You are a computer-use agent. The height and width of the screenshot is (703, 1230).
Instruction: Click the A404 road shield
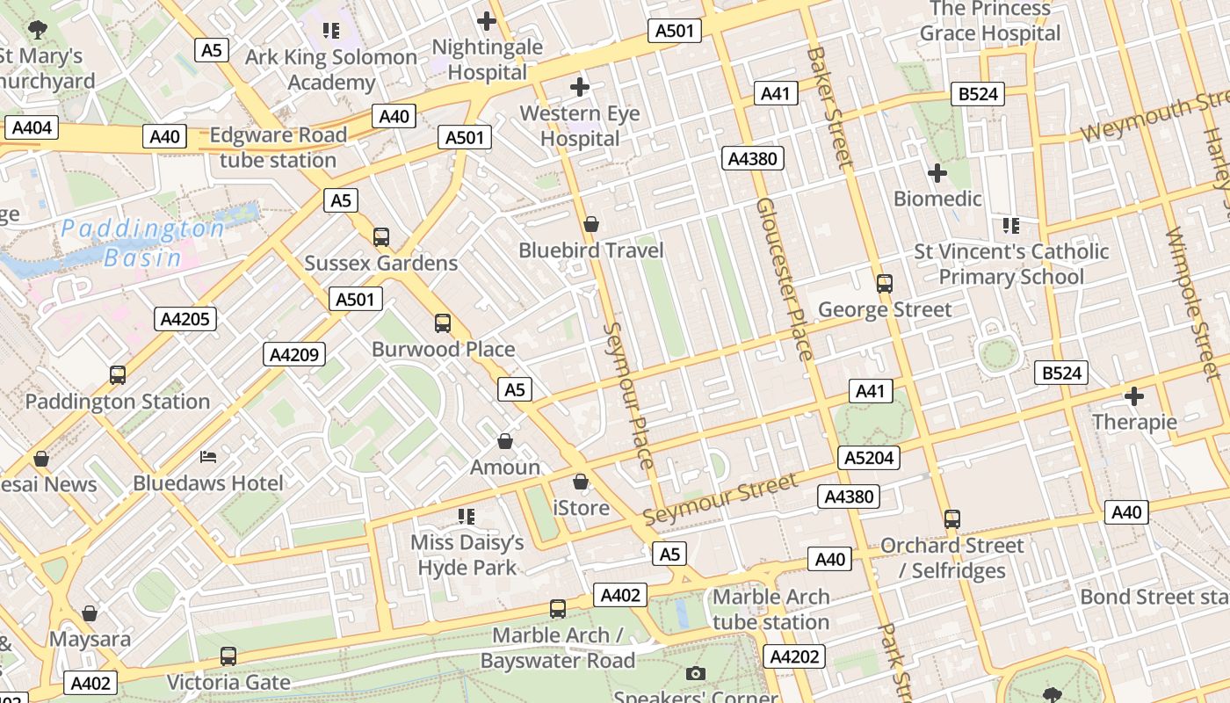point(33,128)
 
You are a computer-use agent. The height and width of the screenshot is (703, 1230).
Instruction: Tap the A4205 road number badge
point(186,319)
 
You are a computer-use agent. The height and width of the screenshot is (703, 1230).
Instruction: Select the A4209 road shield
point(295,355)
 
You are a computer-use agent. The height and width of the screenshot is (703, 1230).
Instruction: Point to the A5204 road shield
point(869,458)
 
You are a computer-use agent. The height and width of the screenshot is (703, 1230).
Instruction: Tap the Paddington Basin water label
point(142,243)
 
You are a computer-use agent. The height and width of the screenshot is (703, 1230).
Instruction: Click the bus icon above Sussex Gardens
point(381,237)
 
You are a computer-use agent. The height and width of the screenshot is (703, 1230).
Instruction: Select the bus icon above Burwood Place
point(443,323)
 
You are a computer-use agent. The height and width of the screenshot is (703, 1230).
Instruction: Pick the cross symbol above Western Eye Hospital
point(580,87)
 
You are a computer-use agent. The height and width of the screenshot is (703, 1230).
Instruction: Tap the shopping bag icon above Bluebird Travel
point(591,225)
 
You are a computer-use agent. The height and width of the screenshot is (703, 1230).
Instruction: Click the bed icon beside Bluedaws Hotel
point(208,457)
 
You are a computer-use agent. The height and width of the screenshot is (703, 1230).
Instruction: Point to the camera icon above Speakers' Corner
point(696,674)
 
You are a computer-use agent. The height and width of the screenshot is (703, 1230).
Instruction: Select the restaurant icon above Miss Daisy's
point(467,517)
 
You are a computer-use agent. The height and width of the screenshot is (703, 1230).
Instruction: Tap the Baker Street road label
point(829,106)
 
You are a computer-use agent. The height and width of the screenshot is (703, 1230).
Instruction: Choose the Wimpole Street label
point(1192,303)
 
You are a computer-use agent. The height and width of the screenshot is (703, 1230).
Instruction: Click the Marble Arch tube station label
point(771,610)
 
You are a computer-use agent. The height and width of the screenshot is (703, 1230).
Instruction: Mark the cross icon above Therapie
point(1134,396)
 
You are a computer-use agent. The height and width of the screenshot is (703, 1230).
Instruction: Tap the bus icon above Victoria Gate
point(228,656)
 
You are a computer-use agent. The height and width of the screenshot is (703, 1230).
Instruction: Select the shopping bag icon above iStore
point(581,482)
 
